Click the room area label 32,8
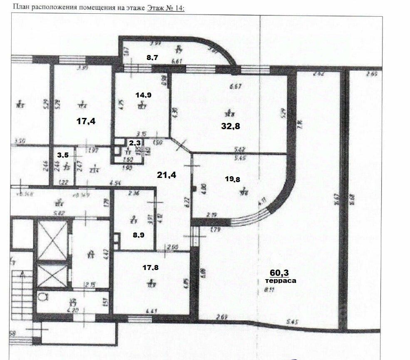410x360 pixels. [231, 126]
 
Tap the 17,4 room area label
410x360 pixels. [86, 121]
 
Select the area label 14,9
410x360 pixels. [143, 95]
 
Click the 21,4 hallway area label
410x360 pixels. [167, 175]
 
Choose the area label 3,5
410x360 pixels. [63, 155]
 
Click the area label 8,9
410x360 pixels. [139, 235]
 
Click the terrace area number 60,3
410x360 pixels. [279, 272]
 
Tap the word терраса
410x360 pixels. [281, 281]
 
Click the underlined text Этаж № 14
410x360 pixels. [165, 8]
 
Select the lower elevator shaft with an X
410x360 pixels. [52, 275]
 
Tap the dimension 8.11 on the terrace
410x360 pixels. [270, 291]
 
